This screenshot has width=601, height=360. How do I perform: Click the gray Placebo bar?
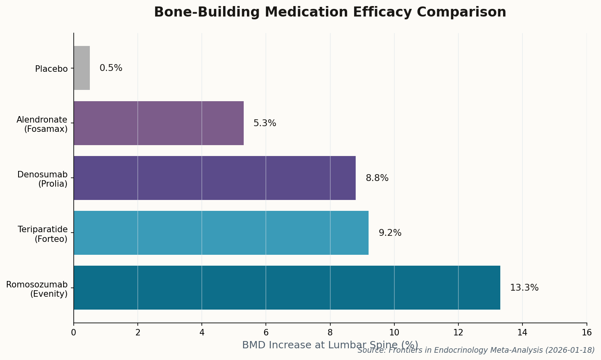click(x=82, y=68)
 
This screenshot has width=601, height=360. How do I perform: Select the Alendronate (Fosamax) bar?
click(x=159, y=123)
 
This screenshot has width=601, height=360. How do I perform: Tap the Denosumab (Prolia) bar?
click(x=215, y=178)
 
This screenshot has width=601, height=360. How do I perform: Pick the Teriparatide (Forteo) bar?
click(x=221, y=233)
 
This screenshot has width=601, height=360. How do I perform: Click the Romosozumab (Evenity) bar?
click(x=287, y=287)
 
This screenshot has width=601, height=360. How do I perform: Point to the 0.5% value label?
click(x=111, y=68)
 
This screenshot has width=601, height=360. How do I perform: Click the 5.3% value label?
click(x=265, y=123)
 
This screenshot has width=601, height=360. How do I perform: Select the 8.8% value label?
click(x=377, y=178)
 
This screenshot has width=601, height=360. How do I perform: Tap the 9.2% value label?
click(x=390, y=233)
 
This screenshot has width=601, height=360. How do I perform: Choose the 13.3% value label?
click(x=524, y=288)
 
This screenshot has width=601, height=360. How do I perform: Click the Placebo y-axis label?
click(x=51, y=69)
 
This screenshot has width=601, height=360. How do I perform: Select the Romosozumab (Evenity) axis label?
click(x=37, y=289)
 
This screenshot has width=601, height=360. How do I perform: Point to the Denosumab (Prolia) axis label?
click(x=42, y=179)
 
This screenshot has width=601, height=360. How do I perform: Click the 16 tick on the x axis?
click(x=586, y=333)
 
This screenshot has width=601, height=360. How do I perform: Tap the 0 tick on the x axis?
click(x=74, y=333)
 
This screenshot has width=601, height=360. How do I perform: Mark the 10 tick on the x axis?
click(x=394, y=333)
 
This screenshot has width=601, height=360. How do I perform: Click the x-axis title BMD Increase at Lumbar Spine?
click(x=330, y=345)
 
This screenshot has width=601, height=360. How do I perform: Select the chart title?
click(x=330, y=12)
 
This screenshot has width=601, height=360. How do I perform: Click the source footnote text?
click(x=476, y=350)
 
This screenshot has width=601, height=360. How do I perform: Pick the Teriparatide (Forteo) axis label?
click(x=43, y=234)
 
